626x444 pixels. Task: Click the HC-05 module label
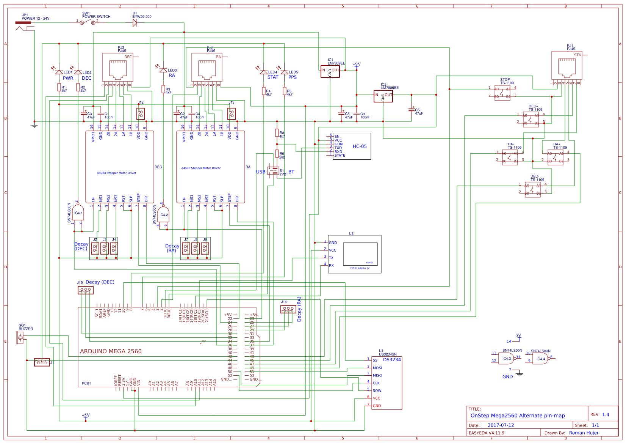coord(360,146)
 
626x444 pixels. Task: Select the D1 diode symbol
coord(135,23)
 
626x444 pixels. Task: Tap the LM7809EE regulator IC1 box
coord(330,71)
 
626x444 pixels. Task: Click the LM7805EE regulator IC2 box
coord(383,96)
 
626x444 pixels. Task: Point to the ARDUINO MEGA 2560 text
coord(111,351)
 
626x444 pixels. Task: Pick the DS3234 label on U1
coord(392,360)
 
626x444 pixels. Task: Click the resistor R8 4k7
coord(277,133)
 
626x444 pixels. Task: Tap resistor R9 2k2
coord(277,154)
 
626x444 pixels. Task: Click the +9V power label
coord(357,65)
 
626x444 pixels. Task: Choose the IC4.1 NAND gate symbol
coord(78,213)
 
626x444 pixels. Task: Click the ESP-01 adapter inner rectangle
coord(360,254)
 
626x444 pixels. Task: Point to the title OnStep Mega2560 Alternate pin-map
coord(518,416)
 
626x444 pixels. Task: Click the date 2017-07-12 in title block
coord(501,425)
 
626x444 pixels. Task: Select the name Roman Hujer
coord(584,433)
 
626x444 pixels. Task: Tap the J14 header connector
coord(288,309)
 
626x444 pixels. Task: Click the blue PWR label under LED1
coord(68,78)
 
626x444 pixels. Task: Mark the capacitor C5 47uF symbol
coord(412,110)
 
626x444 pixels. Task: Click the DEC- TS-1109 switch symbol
coord(533,189)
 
